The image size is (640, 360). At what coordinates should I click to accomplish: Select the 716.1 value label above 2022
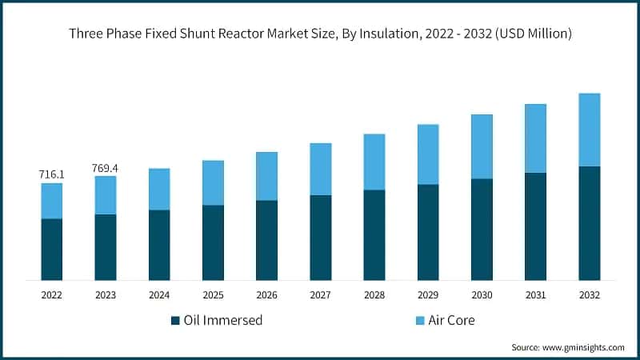[x=52, y=174]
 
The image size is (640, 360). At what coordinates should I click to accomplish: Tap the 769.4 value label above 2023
[x=106, y=168]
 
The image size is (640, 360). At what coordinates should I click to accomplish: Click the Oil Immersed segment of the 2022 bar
[x=52, y=249]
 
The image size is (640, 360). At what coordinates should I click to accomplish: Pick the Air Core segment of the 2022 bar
[x=52, y=201]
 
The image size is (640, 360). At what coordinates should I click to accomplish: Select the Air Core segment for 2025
[x=213, y=182]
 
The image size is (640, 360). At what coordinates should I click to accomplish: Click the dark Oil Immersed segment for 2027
[x=320, y=237]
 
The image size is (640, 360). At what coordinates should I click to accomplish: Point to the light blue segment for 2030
[x=482, y=146]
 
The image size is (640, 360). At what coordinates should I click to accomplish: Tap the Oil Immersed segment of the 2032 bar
[x=589, y=223]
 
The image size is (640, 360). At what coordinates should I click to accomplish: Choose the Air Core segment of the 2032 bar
[x=589, y=130]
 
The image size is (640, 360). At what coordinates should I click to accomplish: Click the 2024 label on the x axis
[x=159, y=295]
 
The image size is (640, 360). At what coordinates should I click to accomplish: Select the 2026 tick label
[x=266, y=295]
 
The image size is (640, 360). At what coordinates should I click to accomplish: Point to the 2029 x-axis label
[x=427, y=295]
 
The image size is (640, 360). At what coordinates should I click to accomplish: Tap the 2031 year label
[x=535, y=295]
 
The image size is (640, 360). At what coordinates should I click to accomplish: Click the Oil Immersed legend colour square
[x=175, y=321]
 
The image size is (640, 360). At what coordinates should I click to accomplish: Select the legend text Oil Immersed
[x=223, y=321]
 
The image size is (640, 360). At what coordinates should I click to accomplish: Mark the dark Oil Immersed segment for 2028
[x=374, y=234]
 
